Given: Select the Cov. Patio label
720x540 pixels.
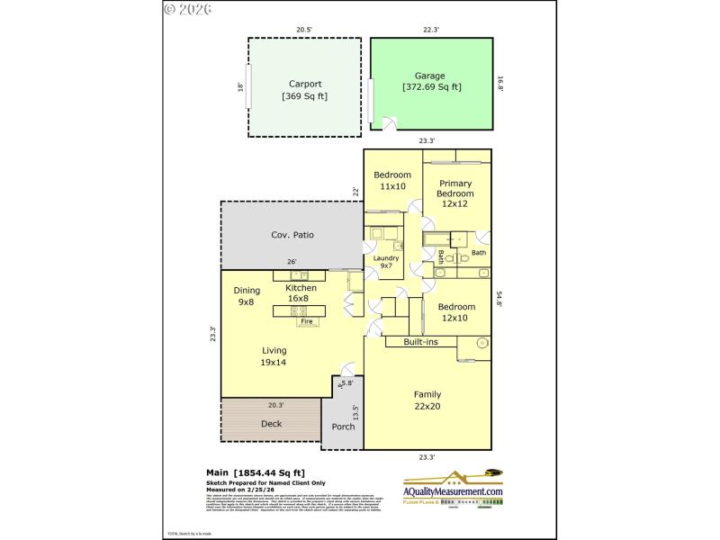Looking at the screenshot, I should point(292,235).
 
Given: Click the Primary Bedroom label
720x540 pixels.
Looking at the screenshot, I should point(454,193).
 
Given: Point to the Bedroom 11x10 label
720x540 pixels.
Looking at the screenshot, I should point(392,180).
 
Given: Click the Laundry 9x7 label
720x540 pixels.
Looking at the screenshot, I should point(387,263).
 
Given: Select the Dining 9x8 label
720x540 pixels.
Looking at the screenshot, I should point(247,296).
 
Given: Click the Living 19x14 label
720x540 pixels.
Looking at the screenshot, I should point(274,356).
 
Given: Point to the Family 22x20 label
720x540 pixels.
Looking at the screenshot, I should point(427,400).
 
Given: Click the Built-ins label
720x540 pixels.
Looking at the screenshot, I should point(421,342).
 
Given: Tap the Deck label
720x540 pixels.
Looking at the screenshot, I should point(271,423).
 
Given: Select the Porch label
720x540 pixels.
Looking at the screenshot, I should point(343,427).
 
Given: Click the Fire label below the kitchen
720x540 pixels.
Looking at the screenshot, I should point(306,321).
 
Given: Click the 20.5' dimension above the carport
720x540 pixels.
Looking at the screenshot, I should point(304,30).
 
